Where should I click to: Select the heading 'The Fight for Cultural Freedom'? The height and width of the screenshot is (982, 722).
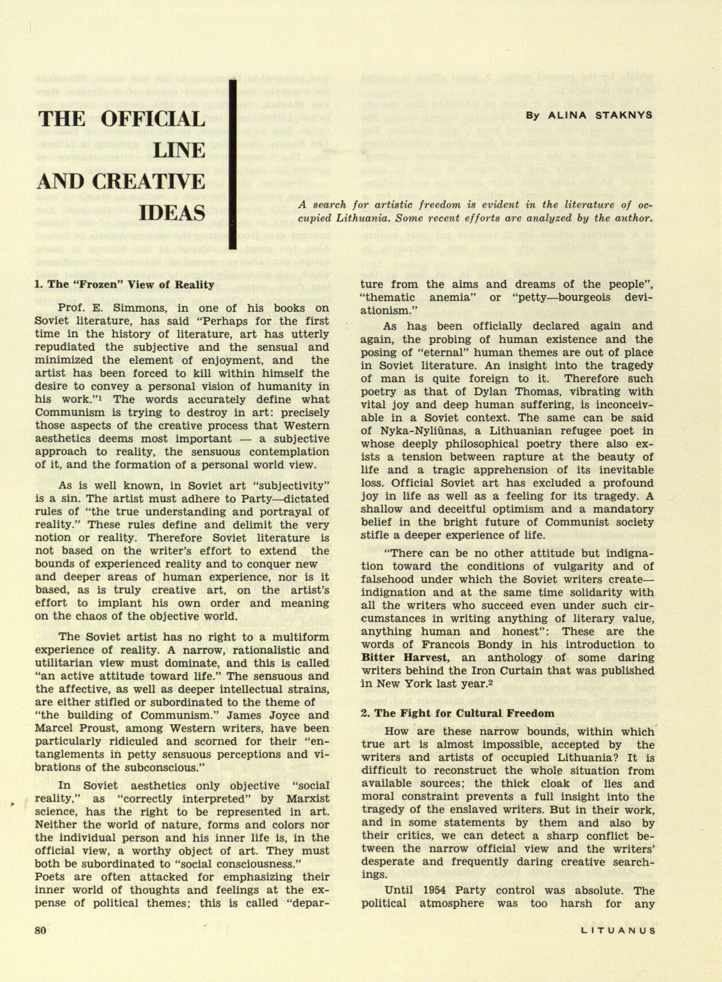click(458, 713)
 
